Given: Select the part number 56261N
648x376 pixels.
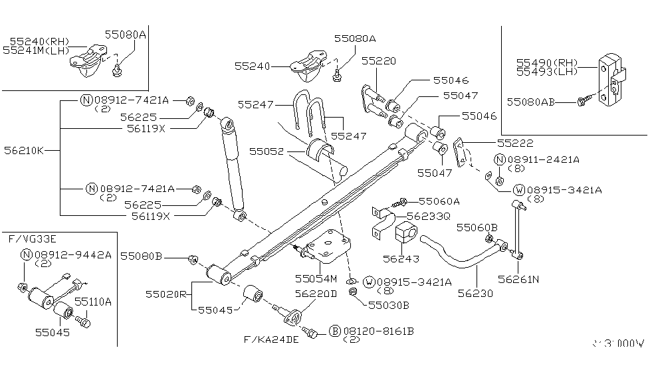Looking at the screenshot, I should click(518, 280).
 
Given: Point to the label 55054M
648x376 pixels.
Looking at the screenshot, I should click(316, 278).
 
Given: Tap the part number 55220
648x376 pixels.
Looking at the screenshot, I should click(379, 61).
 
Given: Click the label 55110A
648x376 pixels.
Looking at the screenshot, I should click(92, 301).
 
